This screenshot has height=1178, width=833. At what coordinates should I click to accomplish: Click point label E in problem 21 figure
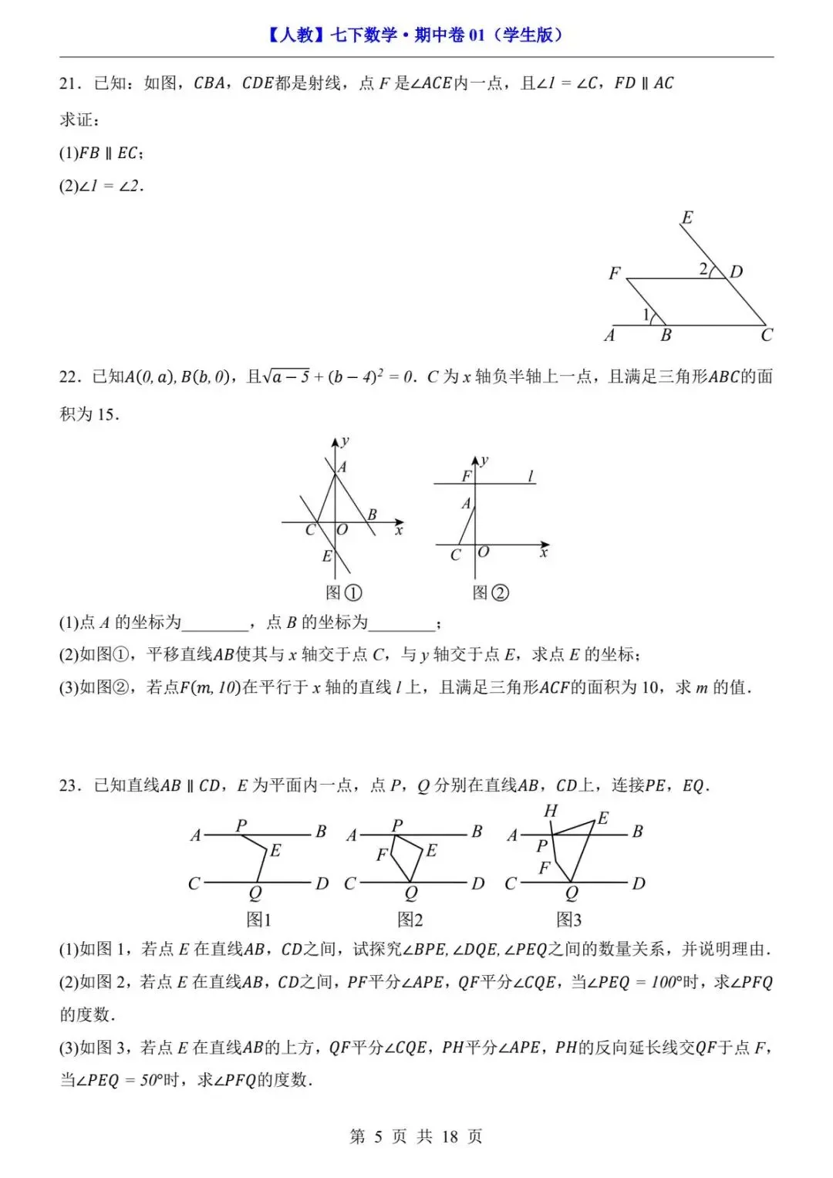tap(687, 218)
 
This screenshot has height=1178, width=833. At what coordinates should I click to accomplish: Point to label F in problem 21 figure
tap(615, 273)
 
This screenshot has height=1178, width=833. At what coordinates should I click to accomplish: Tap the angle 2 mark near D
tap(703, 269)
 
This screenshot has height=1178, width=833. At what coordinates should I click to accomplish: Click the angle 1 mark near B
tap(646, 314)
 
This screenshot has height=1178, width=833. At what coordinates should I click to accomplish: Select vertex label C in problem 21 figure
tap(766, 336)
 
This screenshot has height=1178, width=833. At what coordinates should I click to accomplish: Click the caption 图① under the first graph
tap(343, 592)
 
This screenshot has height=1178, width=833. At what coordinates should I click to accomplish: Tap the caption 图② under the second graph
tap(491, 592)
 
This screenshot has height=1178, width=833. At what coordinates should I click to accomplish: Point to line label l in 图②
tap(531, 477)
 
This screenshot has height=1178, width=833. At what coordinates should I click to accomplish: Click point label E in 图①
tap(327, 556)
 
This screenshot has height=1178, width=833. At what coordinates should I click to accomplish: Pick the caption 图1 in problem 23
tap(259, 920)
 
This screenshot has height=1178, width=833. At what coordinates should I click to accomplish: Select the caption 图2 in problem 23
tap(410, 920)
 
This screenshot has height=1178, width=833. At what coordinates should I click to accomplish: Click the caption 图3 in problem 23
tap(569, 920)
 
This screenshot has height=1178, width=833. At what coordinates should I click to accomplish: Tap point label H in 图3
tap(550, 811)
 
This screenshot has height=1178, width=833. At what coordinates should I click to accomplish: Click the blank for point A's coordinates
tap(214, 623)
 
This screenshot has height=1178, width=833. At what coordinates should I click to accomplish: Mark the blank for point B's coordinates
tap(402, 623)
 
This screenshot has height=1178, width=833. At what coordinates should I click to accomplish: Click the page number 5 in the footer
tap(378, 1136)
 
